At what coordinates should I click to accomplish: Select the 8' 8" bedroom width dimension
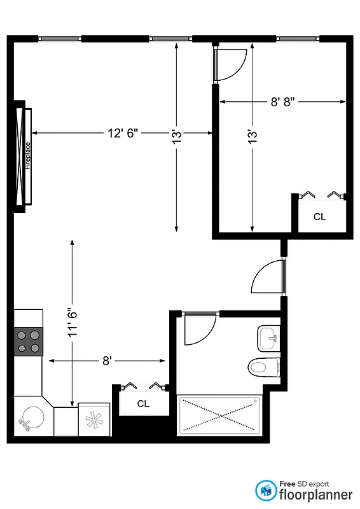pyautogui.click(x=282, y=101)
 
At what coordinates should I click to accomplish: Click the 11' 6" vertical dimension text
pyautogui.click(x=73, y=323)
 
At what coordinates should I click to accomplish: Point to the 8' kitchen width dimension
pyautogui.click(x=107, y=361)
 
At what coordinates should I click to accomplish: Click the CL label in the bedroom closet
pyautogui.click(x=319, y=216)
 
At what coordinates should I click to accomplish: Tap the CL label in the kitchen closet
pyautogui.click(x=143, y=403)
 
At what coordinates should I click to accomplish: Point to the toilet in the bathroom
pyautogui.click(x=264, y=367)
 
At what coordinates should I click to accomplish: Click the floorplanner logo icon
pyautogui.click(x=267, y=489)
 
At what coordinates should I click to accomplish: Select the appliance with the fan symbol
pyautogui.click(x=94, y=420)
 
